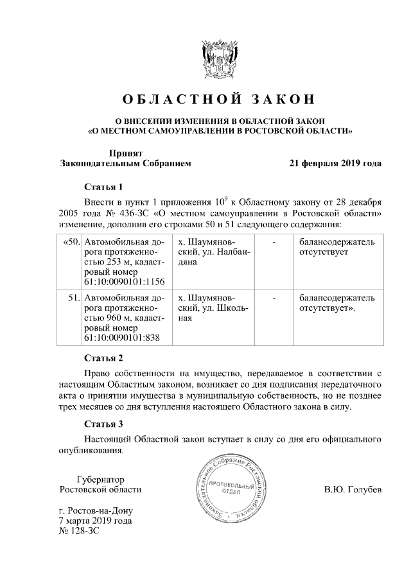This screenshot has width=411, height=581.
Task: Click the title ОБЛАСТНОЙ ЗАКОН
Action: point(220,100)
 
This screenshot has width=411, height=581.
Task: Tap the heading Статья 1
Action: point(103,187)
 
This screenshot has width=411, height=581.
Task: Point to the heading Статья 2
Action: point(103,358)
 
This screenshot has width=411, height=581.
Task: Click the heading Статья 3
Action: point(103,424)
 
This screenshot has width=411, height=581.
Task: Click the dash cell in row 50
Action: point(274,243)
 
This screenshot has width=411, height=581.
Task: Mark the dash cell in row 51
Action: point(274,298)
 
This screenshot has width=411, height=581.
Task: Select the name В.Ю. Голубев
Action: point(353,490)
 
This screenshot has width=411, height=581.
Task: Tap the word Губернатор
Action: point(100,479)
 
